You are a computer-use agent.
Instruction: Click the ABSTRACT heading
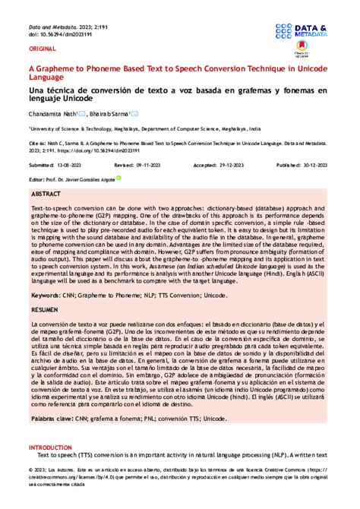click(48, 194)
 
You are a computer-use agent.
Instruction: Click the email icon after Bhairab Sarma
click(135, 113)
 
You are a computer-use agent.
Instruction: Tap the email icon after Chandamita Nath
click(82, 113)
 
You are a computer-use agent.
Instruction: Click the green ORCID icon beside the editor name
click(118, 179)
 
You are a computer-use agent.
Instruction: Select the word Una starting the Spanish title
click(36, 90)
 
